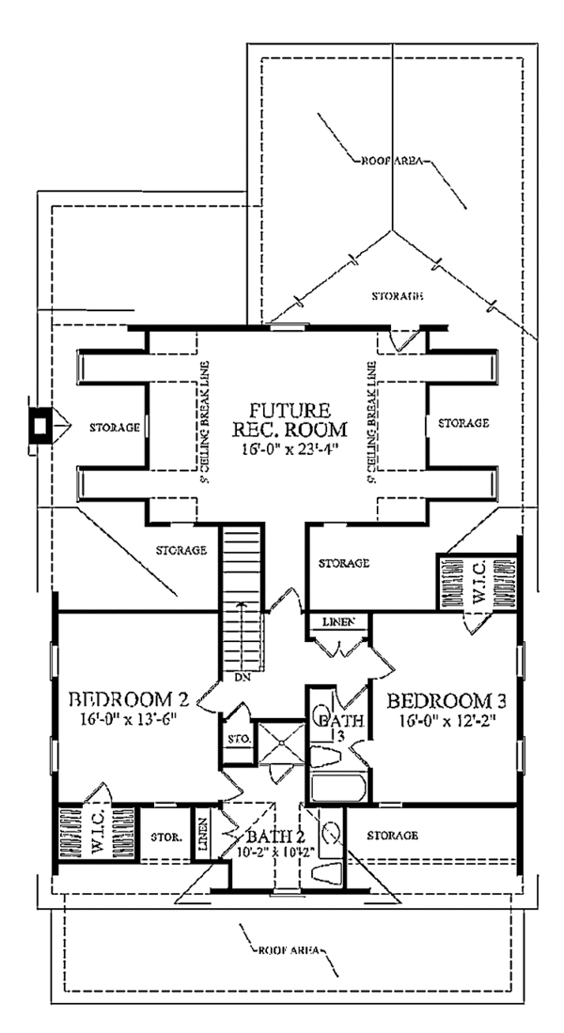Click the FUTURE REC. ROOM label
click(290, 420)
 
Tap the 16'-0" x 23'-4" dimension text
click(290, 448)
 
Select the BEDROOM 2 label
click(131, 700)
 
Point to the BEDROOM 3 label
click(439, 700)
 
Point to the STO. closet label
click(235, 740)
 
